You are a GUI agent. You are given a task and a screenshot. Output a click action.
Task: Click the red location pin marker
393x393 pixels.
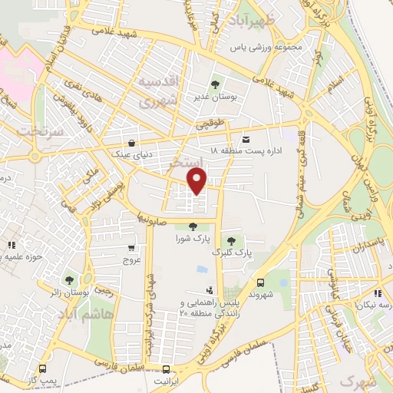[198, 182]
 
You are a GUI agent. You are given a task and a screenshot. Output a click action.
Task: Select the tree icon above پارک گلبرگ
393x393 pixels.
[230, 241]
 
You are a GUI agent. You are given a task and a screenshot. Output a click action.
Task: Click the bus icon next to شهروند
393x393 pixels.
[261, 283]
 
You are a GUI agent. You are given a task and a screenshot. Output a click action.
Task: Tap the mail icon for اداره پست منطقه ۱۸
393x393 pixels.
[246, 139]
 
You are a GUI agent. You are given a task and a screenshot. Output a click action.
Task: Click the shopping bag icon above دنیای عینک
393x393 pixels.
[132, 143]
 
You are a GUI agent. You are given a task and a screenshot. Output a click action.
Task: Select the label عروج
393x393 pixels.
[133, 260]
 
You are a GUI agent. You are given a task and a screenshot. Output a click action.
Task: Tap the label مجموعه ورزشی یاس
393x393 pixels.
[265, 47]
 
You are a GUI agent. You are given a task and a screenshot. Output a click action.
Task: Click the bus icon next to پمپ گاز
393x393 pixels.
[41, 369]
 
